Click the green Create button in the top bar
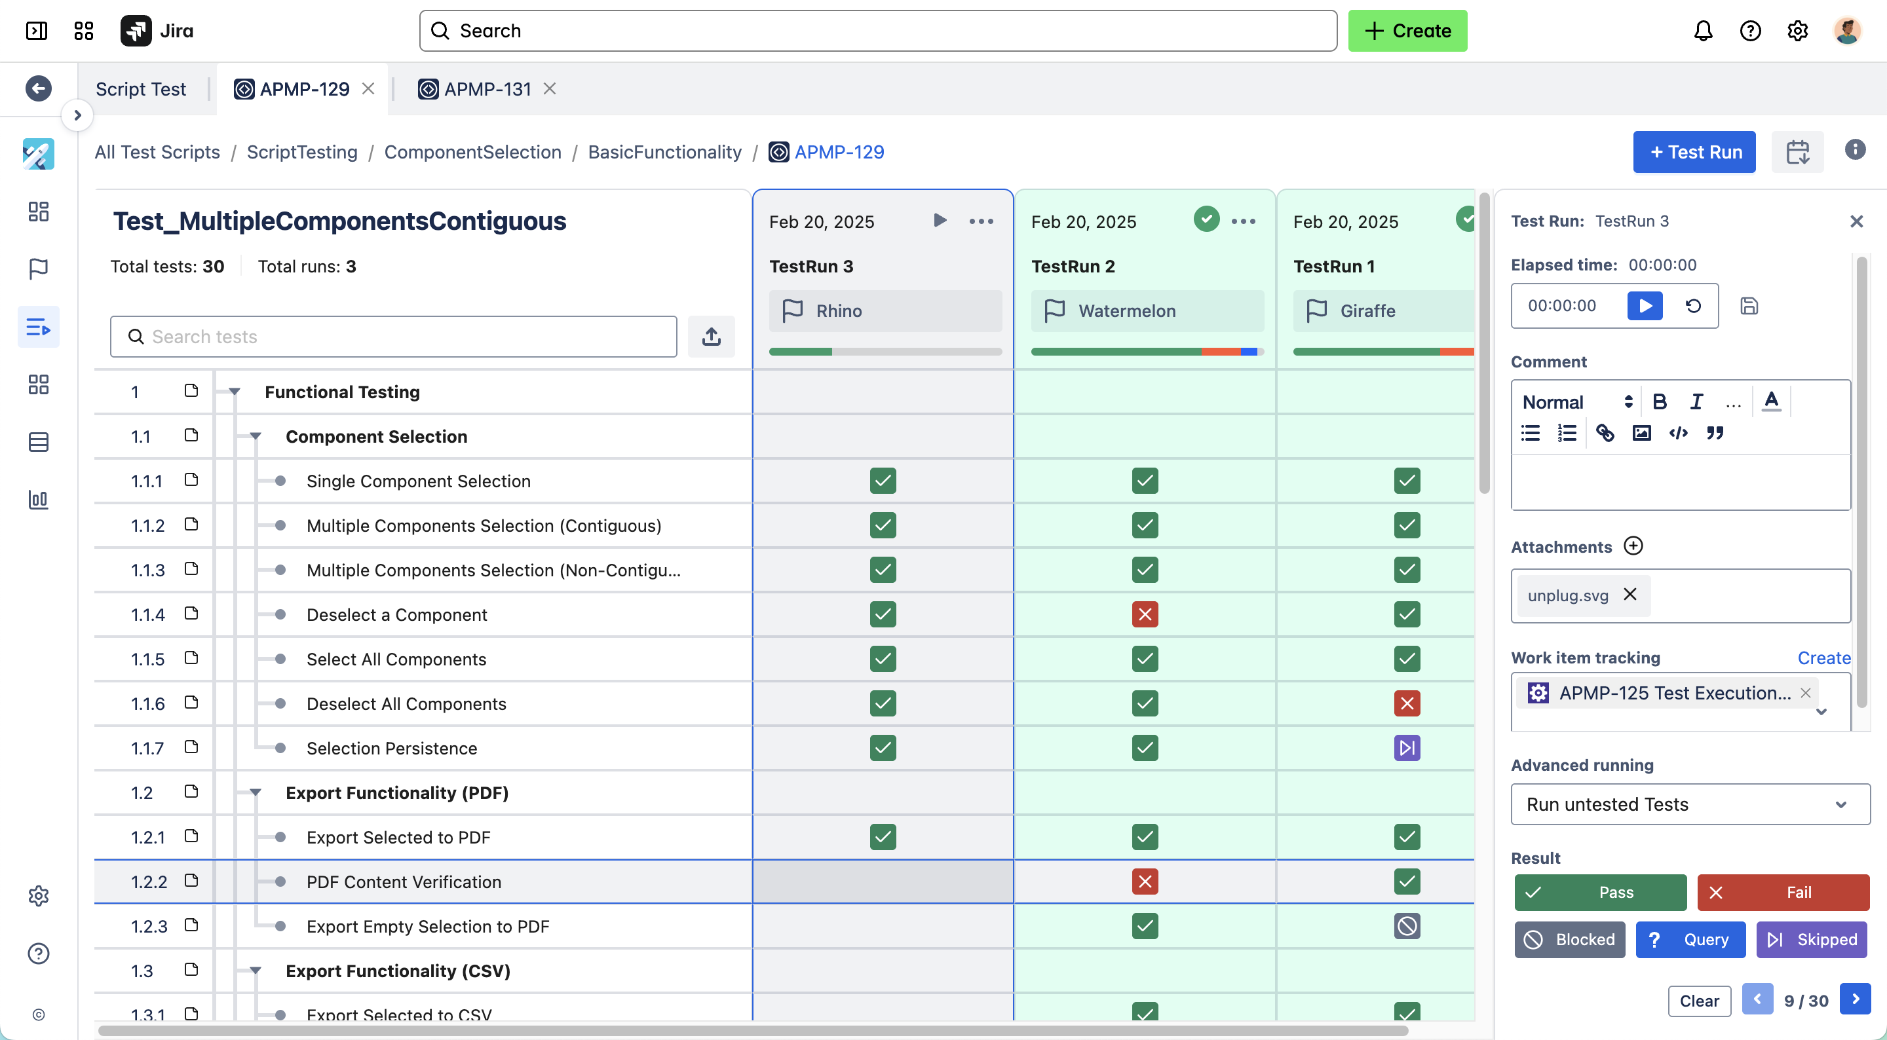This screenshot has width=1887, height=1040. (x=1407, y=31)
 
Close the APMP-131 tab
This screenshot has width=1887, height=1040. (x=550, y=88)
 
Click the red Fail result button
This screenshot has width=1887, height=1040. (x=1782, y=892)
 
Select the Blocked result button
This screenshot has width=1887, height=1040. (x=1569, y=939)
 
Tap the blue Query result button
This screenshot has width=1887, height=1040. (x=1690, y=939)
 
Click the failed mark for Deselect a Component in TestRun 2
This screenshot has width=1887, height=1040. (x=1145, y=614)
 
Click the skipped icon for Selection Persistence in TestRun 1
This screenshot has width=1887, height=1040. (x=1407, y=748)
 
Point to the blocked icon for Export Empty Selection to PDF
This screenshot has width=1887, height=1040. (x=1407, y=926)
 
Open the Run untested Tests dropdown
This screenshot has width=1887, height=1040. (x=1689, y=804)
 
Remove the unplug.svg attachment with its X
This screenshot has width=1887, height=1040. (x=1630, y=594)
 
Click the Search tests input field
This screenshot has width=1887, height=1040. (x=393, y=337)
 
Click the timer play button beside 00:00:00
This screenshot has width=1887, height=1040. (x=1645, y=305)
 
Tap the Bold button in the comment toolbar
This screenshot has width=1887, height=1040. (x=1659, y=401)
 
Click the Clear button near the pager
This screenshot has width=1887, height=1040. (x=1699, y=1001)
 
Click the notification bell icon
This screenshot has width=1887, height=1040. (x=1703, y=31)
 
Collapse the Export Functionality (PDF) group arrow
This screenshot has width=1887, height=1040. (x=255, y=792)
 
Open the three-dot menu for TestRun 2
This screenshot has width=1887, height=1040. (x=1243, y=221)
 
